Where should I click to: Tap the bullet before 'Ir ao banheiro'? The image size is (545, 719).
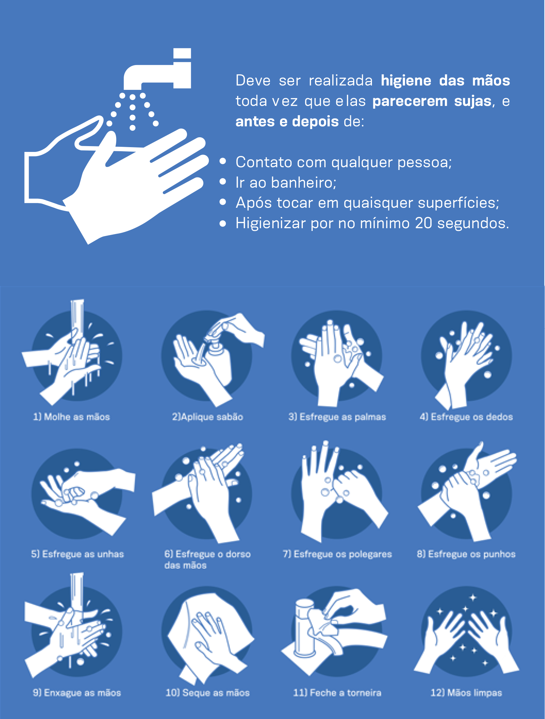point(223,182)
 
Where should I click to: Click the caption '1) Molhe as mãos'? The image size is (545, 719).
point(71,417)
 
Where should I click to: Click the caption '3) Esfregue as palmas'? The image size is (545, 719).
point(337,417)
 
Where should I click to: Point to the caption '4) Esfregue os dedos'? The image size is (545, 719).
point(466,417)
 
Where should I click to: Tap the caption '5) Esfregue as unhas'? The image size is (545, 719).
point(77,554)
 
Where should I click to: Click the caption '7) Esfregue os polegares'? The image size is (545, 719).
point(337,554)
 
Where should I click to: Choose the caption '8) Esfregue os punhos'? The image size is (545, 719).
point(466,554)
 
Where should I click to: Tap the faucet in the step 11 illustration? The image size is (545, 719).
point(304,630)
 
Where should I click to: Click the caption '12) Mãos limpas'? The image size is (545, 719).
point(466,693)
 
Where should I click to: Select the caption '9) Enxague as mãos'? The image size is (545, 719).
point(77,693)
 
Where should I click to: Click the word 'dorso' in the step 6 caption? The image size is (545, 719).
point(238,554)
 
